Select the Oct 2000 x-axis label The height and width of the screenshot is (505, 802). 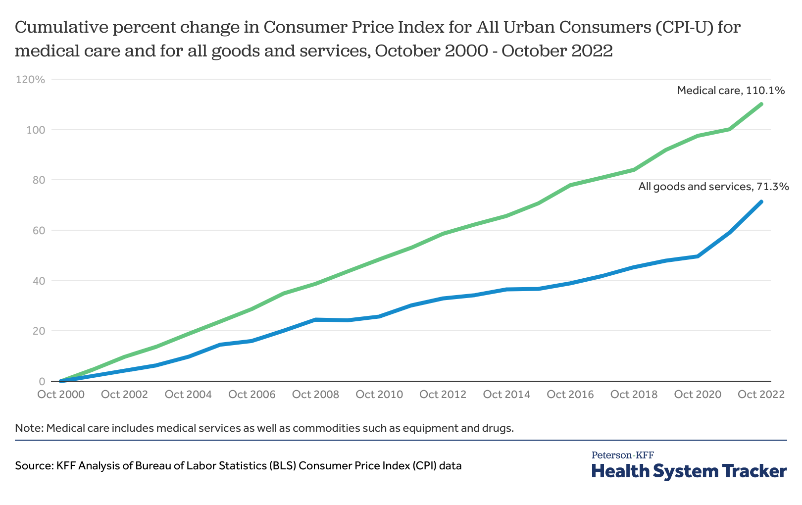(x=61, y=395)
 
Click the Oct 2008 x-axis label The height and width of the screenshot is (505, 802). (x=316, y=395)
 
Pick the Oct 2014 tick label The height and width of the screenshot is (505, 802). (x=506, y=395)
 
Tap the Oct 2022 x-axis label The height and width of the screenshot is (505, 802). (x=761, y=395)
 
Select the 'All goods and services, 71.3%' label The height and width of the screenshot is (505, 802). (x=713, y=187)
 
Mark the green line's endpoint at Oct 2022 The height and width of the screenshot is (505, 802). (x=761, y=104)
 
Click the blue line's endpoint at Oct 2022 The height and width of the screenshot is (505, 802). (x=761, y=202)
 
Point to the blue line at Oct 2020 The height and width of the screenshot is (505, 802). (x=698, y=256)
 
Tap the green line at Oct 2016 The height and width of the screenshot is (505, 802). (x=570, y=185)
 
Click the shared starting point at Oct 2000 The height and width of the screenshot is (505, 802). (x=61, y=381)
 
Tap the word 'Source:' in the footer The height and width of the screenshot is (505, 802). (x=34, y=466)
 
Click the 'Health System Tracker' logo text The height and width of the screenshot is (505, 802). (x=689, y=471)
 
